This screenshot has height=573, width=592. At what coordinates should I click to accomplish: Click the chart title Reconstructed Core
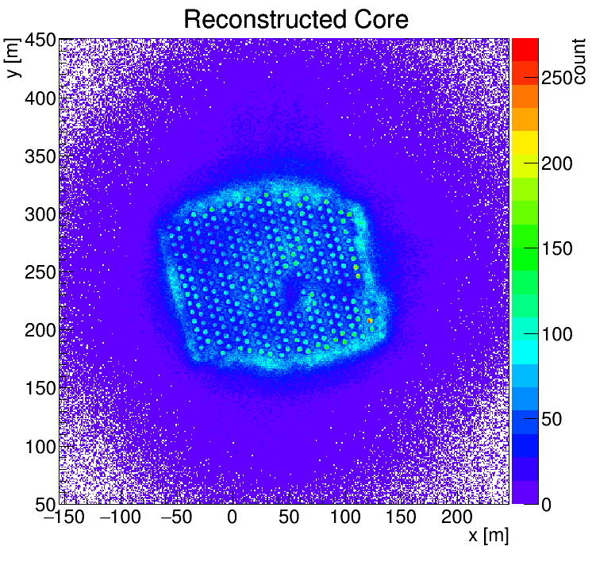coord(295,18)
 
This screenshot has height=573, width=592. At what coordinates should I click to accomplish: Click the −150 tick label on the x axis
coord(61,518)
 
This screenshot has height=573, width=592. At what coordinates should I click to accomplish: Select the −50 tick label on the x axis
coord(175,518)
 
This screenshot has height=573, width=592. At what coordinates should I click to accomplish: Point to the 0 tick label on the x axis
coord(233,518)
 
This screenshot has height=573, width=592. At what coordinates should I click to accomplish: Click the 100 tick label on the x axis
coord(346,518)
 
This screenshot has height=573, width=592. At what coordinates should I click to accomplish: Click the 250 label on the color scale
coord(558,79)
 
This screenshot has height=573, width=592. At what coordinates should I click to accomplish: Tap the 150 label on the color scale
coord(558,249)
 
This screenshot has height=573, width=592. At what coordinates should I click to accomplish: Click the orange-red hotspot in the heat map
coord(370,321)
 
